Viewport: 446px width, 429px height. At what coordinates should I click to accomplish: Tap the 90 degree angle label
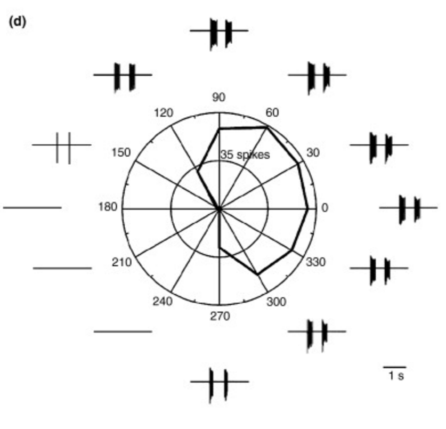[218, 97]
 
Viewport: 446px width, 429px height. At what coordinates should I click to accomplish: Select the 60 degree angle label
[272, 112]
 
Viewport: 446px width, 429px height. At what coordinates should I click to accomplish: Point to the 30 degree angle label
[313, 153]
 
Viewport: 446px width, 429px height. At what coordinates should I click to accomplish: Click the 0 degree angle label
[325, 207]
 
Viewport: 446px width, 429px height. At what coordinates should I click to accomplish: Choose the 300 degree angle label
[276, 302]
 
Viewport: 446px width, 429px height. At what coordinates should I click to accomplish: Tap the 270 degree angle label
[219, 316]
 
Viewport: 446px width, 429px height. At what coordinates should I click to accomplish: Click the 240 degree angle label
[163, 302]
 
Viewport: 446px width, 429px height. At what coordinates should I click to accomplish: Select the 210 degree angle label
[122, 262]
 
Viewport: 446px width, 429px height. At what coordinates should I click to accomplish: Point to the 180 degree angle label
[108, 207]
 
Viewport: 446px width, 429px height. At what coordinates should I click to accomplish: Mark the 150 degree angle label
[121, 153]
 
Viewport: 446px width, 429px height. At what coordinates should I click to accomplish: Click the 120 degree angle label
[164, 113]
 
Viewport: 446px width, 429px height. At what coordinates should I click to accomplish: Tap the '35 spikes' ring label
[245, 155]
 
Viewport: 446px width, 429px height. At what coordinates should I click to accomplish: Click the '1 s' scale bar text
[396, 376]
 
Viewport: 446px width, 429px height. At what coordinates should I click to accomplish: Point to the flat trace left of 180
[32, 207]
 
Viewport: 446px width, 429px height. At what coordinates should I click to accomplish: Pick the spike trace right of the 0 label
[409, 207]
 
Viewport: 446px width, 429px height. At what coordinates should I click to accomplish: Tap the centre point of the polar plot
[219, 209]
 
